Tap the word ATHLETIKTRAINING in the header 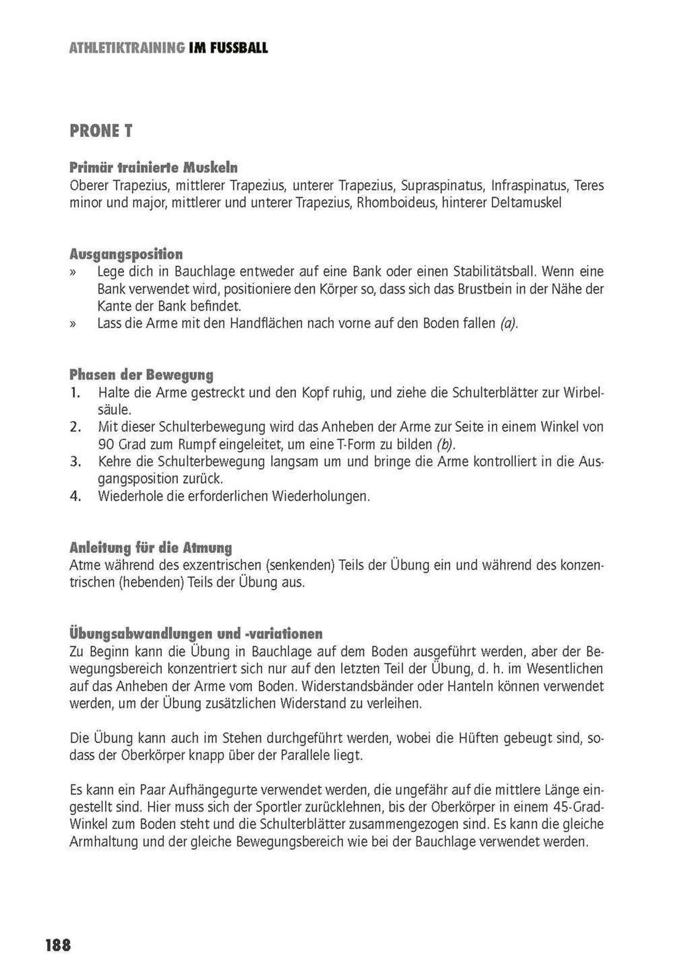point(127,48)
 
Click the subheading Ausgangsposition point(126,254)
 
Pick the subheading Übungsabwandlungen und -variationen point(196,634)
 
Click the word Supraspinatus point(441,186)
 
